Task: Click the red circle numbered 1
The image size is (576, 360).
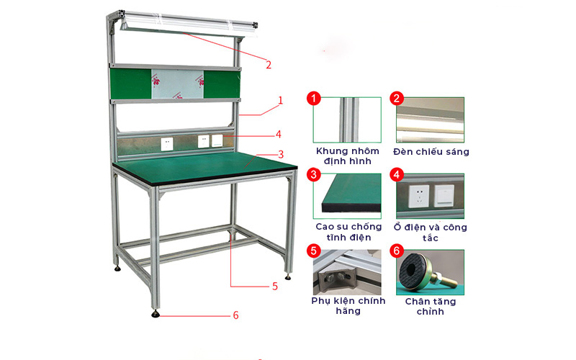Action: pyautogui.click(x=313, y=99)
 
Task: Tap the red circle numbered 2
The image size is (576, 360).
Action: pyautogui.click(x=396, y=99)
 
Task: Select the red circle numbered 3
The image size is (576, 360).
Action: pyautogui.click(x=313, y=175)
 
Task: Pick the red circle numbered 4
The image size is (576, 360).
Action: pyautogui.click(x=396, y=175)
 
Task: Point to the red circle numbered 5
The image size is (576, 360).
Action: pyautogui.click(x=313, y=251)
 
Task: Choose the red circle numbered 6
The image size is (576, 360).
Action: pyautogui.click(x=396, y=251)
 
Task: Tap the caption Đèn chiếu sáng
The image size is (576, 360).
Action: pyautogui.click(x=431, y=152)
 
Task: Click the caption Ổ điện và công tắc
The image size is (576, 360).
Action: pyautogui.click(x=431, y=232)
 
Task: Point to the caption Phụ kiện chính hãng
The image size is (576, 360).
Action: pyautogui.click(x=348, y=305)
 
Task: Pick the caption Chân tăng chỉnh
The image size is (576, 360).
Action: pyautogui.click(x=431, y=306)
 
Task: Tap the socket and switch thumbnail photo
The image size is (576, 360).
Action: pyautogui.click(x=430, y=196)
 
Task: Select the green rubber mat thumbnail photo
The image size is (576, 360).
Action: pyautogui.click(x=347, y=196)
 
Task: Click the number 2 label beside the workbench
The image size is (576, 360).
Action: pyautogui.click(x=268, y=65)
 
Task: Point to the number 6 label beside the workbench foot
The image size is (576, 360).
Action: pyautogui.click(x=235, y=315)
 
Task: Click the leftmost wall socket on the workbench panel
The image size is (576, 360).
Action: pyautogui.click(x=167, y=143)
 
